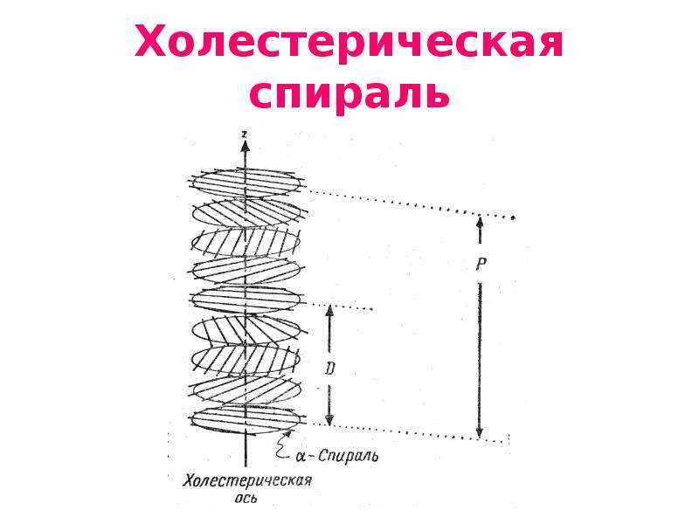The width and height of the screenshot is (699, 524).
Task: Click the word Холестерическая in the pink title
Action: (x=349, y=42)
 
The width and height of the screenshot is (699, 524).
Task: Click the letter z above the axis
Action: (x=245, y=134)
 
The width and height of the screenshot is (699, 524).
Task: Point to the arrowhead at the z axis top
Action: (x=245, y=145)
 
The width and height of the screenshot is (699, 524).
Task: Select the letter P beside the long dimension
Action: (x=480, y=265)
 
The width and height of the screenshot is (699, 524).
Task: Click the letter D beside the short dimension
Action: (x=329, y=369)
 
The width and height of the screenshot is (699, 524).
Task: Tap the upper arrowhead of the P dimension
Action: (x=480, y=222)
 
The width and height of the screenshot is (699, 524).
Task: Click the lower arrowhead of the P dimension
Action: (x=480, y=432)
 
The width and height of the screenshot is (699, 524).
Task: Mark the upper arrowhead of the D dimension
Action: (x=329, y=310)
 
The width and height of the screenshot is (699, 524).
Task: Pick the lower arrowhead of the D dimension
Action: (x=329, y=419)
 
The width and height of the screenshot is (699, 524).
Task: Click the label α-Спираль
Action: (x=336, y=456)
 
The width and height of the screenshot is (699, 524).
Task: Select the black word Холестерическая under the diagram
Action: (x=248, y=481)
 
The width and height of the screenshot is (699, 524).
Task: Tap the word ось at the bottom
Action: (x=246, y=498)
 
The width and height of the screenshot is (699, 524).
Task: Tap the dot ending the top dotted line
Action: (x=513, y=217)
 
